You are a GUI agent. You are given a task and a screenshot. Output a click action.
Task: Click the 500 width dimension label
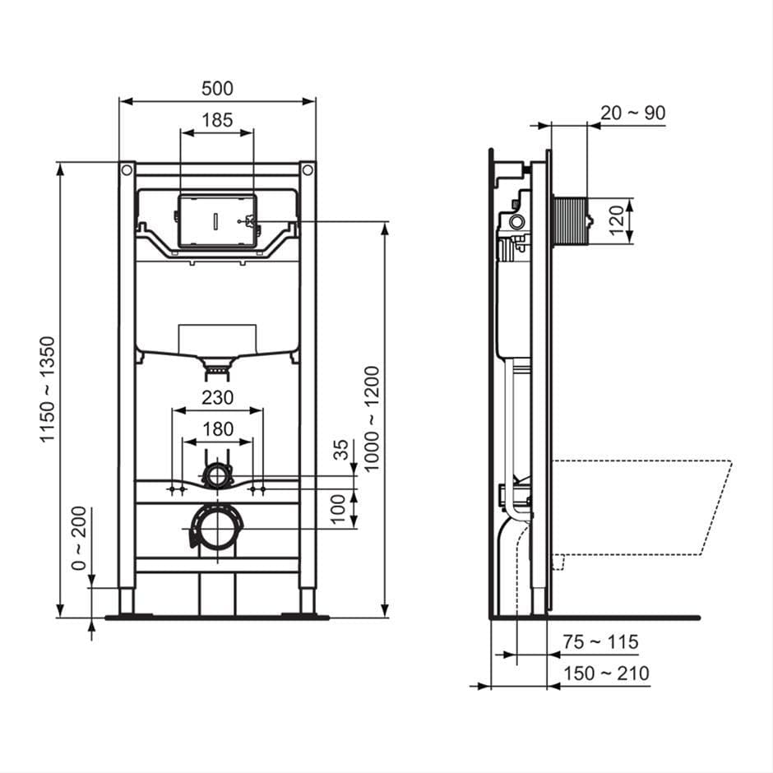coord(217,88)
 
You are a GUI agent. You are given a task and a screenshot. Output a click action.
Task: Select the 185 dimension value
coord(217,120)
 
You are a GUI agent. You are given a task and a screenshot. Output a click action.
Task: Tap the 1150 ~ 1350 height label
coord(49,389)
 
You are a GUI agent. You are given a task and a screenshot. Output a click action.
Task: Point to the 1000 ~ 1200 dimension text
coord(373,419)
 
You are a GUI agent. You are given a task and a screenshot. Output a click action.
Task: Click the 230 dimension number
coord(217,397)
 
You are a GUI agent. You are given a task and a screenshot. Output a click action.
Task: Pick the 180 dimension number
coord(217,428)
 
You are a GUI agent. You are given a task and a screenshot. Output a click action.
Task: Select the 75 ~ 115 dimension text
coord(600,642)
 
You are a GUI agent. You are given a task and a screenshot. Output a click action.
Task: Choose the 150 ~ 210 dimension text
coord(606,673)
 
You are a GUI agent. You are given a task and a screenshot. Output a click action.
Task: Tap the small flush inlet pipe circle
coord(217,474)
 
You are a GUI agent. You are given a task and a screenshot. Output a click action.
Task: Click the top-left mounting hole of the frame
coord(127,170)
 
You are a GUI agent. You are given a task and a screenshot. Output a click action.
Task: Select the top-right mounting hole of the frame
coord(308,170)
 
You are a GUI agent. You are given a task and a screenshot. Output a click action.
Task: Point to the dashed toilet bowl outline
coord(641,506)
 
